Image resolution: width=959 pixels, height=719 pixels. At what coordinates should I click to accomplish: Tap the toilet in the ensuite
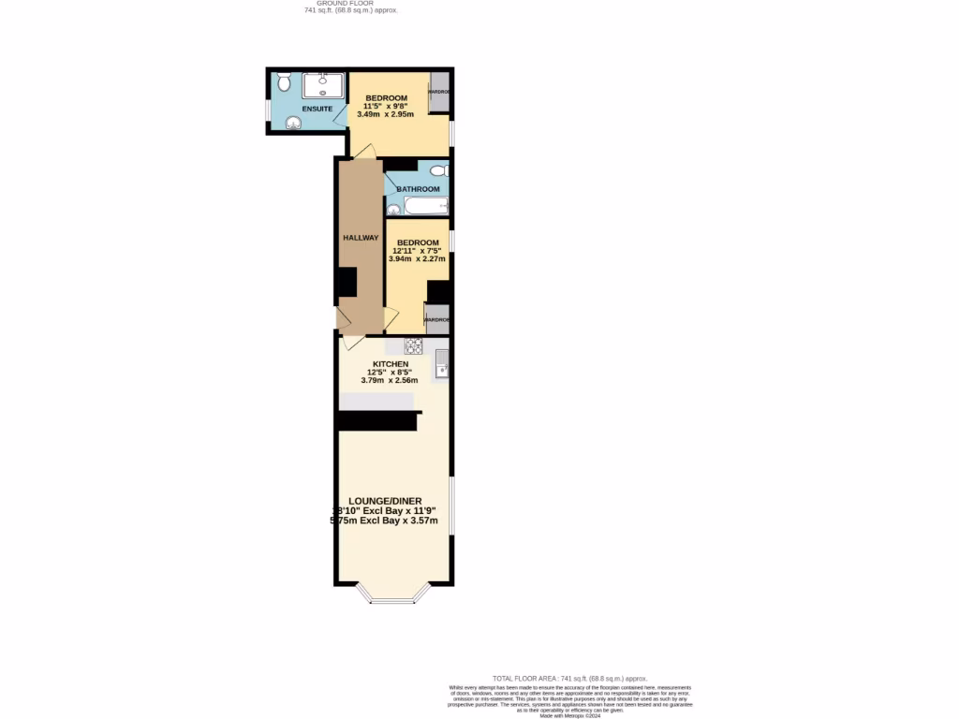[284, 83]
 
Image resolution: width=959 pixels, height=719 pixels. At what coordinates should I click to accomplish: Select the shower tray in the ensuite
[323, 85]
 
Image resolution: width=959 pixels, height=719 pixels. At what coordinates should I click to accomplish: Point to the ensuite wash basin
[293, 122]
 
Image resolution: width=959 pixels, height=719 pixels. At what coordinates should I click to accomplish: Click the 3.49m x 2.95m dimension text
[386, 114]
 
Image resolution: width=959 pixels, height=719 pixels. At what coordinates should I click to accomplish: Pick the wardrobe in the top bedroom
[439, 92]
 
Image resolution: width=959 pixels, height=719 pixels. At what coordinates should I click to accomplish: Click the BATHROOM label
[418, 189]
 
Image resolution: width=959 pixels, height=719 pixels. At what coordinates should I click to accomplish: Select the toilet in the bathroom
[439, 170]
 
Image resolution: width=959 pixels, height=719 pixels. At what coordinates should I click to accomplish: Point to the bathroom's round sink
[392, 210]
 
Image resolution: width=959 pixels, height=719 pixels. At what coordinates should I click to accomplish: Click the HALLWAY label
[361, 238]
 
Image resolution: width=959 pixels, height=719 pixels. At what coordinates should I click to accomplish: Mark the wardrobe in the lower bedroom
[436, 319]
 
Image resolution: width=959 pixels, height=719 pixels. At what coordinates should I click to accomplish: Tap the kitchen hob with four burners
[413, 345]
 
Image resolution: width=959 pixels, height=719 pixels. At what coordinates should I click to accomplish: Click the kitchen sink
[442, 363]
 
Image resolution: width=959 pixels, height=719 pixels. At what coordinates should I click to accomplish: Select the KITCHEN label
[391, 363]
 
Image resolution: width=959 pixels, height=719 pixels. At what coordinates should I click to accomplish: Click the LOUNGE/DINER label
[385, 500]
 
